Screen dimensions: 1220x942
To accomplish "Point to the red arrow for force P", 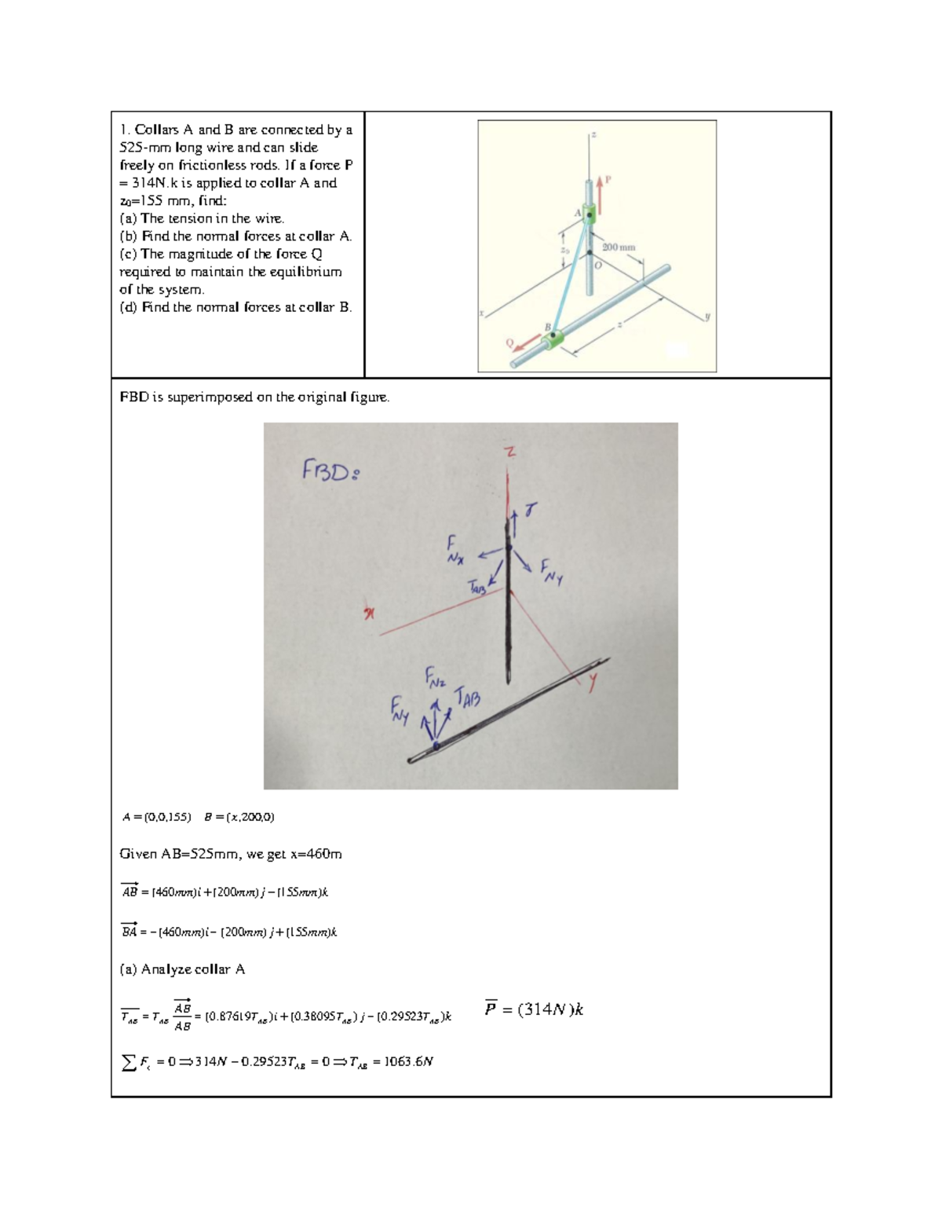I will point(601,193).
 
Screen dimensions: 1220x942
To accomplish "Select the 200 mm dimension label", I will point(619,247).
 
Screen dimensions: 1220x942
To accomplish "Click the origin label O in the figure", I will point(597,265).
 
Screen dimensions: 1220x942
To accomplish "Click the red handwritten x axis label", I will point(367,614).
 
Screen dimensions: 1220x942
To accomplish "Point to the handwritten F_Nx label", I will point(455,549).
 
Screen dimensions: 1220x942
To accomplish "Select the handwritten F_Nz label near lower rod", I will point(434,677).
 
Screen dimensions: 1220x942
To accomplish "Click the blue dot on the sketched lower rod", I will point(436,746).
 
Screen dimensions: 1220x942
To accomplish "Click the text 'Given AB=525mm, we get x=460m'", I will point(231,854).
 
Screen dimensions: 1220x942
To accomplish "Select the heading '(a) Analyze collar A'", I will point(182,969).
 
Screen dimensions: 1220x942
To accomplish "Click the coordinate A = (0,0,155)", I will point(156,817).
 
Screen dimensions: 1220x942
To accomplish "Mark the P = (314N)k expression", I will point(534,1009).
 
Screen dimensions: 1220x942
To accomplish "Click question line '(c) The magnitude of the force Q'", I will point(221,254).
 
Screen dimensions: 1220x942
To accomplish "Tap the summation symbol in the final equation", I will point(129,1062).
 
